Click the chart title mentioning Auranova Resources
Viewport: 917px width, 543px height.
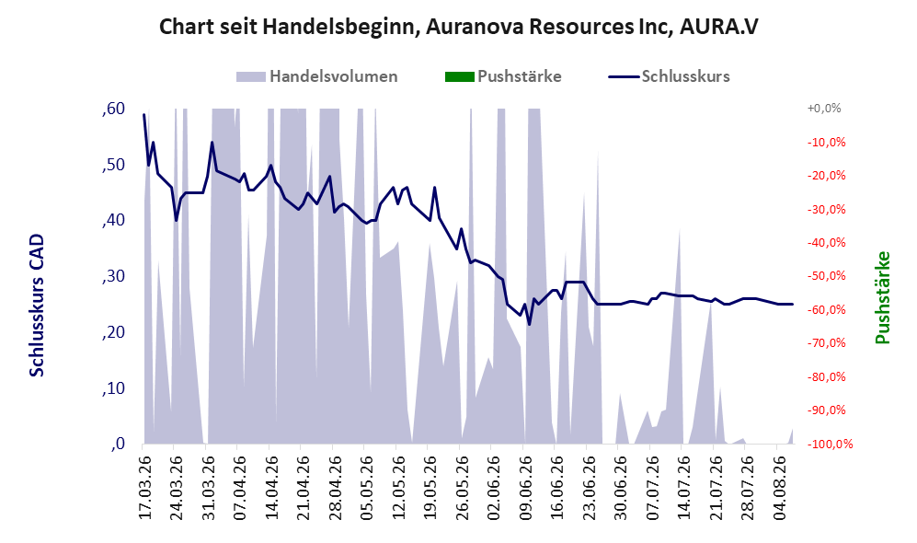pyautogui.click(x=458, y=27)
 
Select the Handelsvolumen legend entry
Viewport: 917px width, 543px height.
pyautogui.click(x=317, y=76)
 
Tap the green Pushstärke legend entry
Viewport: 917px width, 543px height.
pyautogui.click(x=503, y=76)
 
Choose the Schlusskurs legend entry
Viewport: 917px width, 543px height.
pyautogui.click(x=669, y=76)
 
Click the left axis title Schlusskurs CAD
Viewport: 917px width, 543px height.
pyautogui.click(x=37, y=306)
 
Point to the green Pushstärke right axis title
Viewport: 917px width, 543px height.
pyautogui.click(x=882, y=298)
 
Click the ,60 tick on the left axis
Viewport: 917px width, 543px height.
pyautogui.click(x=113, y=109)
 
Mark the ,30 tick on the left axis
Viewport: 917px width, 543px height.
pyautogui.click(x=113, y=276)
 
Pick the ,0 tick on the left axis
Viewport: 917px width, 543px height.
pyautogui.click(x=117, y=445)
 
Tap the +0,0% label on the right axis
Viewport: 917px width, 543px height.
pyautogui.click(x=824, y=109)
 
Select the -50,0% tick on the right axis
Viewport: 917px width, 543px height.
pyautogui.click(x=826, y=275)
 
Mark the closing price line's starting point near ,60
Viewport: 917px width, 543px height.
pyautogui.click(x=143, y=115)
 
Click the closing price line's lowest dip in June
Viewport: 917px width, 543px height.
pyautogui.click(x=529, y=324)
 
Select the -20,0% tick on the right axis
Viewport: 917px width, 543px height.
pyautogui.click(x=826, y=176)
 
